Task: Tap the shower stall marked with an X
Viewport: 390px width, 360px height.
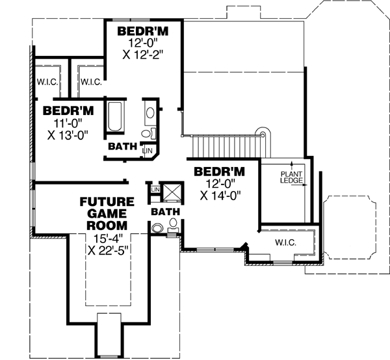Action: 172,192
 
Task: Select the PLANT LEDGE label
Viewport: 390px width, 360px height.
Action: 291,177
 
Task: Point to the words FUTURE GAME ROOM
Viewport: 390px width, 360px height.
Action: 107,213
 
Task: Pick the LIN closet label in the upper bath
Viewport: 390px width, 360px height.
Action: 148,149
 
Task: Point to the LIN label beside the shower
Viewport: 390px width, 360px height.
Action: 155,189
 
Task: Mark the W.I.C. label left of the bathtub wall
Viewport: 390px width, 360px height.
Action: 90,83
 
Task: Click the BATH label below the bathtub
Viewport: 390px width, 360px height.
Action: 122,146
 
